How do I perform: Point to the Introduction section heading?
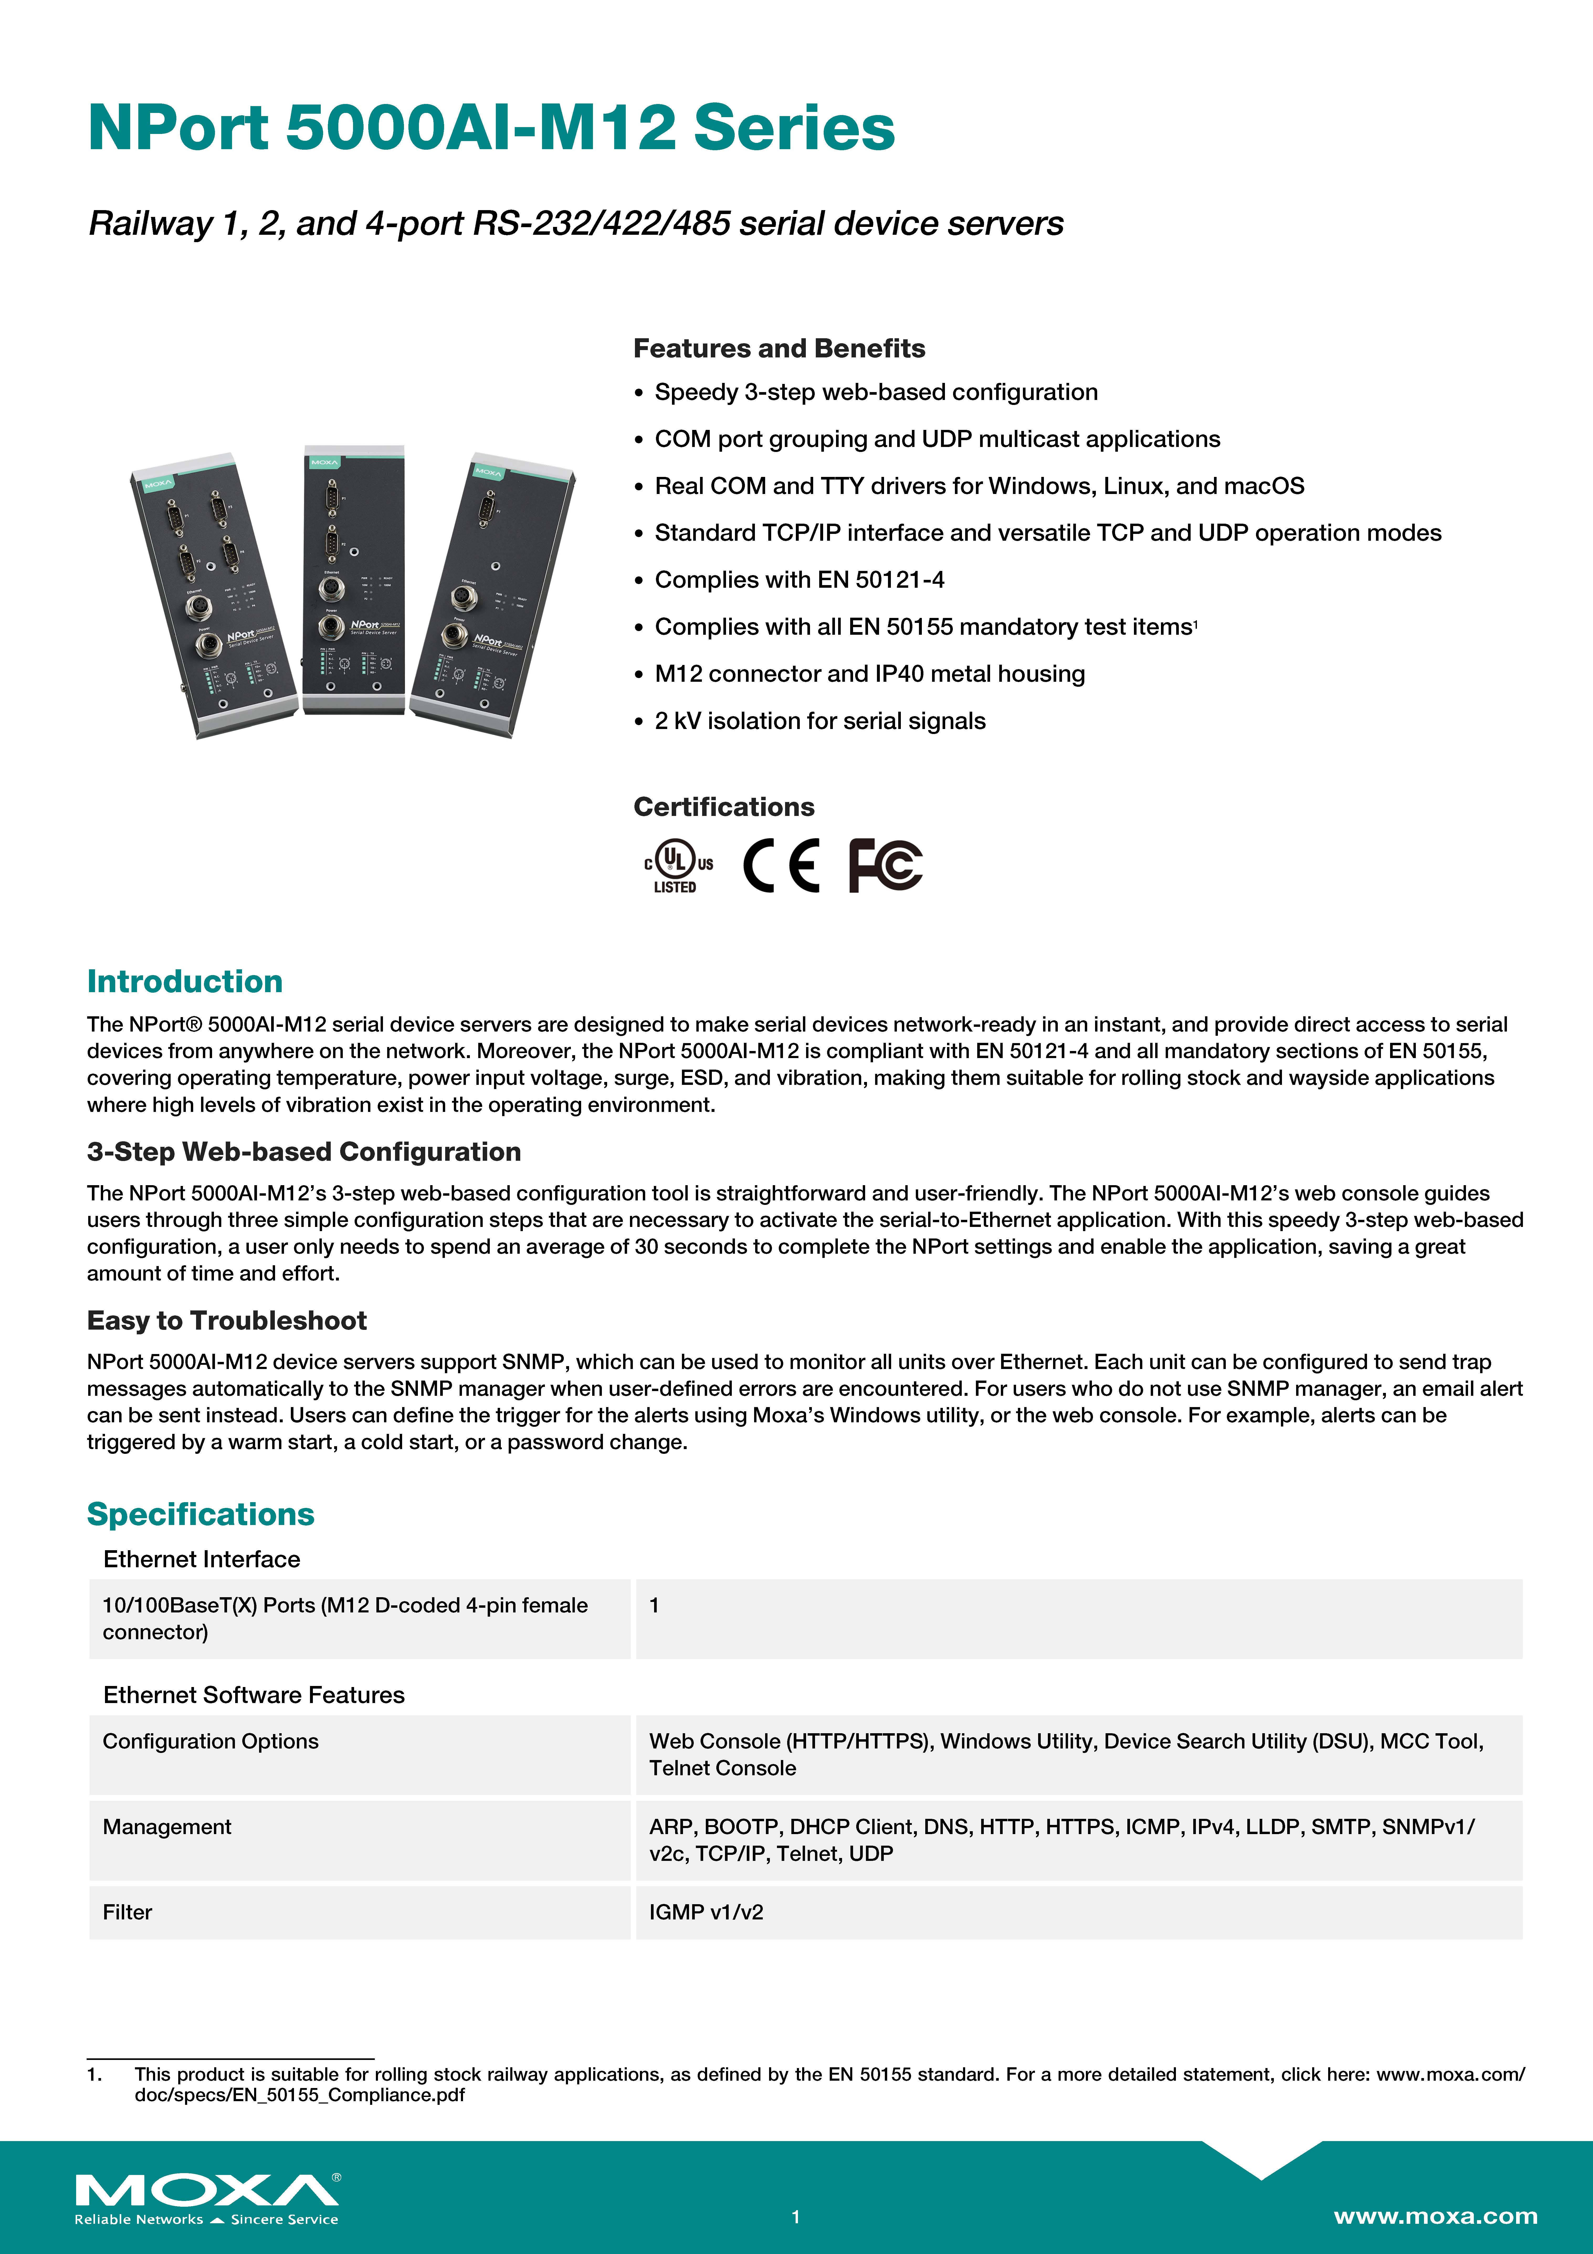pos(185,981)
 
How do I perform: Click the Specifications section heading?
pos(200,1514)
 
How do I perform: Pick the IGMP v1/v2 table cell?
pos(706,1911)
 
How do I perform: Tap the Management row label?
pos(167,1826)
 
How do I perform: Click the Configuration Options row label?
pos(210,1741)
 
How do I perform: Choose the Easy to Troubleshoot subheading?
pos(227,1320)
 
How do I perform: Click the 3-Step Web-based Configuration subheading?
pos(303,1152)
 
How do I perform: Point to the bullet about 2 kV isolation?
pos(819,721)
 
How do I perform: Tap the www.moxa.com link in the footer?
pos(1435,2216)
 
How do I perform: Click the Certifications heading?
pos(723,807)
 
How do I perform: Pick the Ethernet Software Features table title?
pos(253,1694)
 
